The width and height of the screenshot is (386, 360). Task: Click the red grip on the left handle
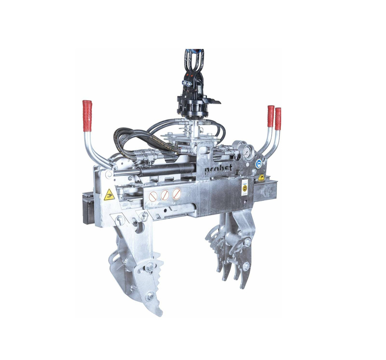[x=87, y=116]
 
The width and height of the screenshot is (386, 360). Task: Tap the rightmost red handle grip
[x=278, y=119]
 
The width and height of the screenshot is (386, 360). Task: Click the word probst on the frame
[x=218, y=169]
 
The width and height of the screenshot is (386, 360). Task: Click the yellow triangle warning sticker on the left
[x=109, y=195]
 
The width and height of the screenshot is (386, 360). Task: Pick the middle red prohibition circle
[x=165, y=195]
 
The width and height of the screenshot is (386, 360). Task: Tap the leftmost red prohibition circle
[x=153, y=197]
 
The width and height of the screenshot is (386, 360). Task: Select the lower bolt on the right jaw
[x=246, y=266]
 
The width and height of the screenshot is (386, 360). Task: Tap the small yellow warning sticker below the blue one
[x=261, y=177]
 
